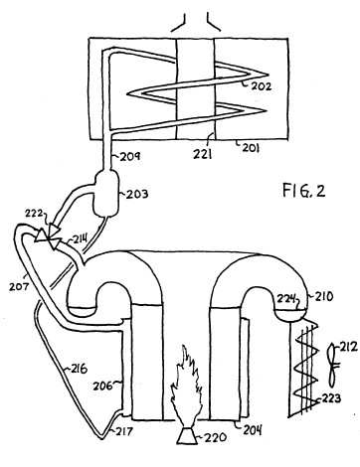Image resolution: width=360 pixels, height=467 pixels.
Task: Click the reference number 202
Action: pyautogui.click(x=262, y=85)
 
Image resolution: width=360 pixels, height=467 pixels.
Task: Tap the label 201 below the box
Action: pyautogui.click(x=251, y=147)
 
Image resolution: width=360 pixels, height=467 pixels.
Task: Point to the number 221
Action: pyautogui.click(x=202, y=154)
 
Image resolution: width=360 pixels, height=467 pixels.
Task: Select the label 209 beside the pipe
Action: pyautogui.click(x=130, y=156)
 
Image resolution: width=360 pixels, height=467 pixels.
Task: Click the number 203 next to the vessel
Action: pyautogui.click(x=137, y=193)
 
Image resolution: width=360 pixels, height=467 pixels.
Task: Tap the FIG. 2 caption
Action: pyautogui.click(x=303, y=191)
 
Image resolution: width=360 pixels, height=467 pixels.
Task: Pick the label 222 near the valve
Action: pyautogui.click(x=34, y=214)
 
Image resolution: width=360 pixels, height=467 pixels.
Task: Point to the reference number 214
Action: pyautogui.click(x=79, y=238)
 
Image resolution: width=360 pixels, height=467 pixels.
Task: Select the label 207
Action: pyautogui.click(x=18, y=286)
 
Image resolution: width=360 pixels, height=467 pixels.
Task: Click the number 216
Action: pyautogui.click(x=79, y=369)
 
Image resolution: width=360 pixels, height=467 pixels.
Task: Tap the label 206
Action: pyautogui.click(x=103, y=386)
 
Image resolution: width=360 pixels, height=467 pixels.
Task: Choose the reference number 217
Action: pyautogui.click(x=124, y=431)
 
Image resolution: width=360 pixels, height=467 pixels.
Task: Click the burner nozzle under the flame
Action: pyautogui.click(x=186, y=434)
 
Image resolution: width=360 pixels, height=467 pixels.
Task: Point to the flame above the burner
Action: pyautogui.click(x=186, y=386)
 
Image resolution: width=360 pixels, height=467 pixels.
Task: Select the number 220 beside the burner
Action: pyautogui.click(x=216, y=437)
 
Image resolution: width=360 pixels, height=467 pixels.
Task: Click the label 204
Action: pyautogui.click(x=253, y=429)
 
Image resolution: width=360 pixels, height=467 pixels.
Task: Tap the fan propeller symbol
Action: pyautogui.click(x=332, y=366)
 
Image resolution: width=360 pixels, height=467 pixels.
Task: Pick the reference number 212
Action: pyautogui.click(x=348, y=347)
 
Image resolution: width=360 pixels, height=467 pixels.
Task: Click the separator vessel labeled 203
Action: pyautogui.click(x=106, y=193)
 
